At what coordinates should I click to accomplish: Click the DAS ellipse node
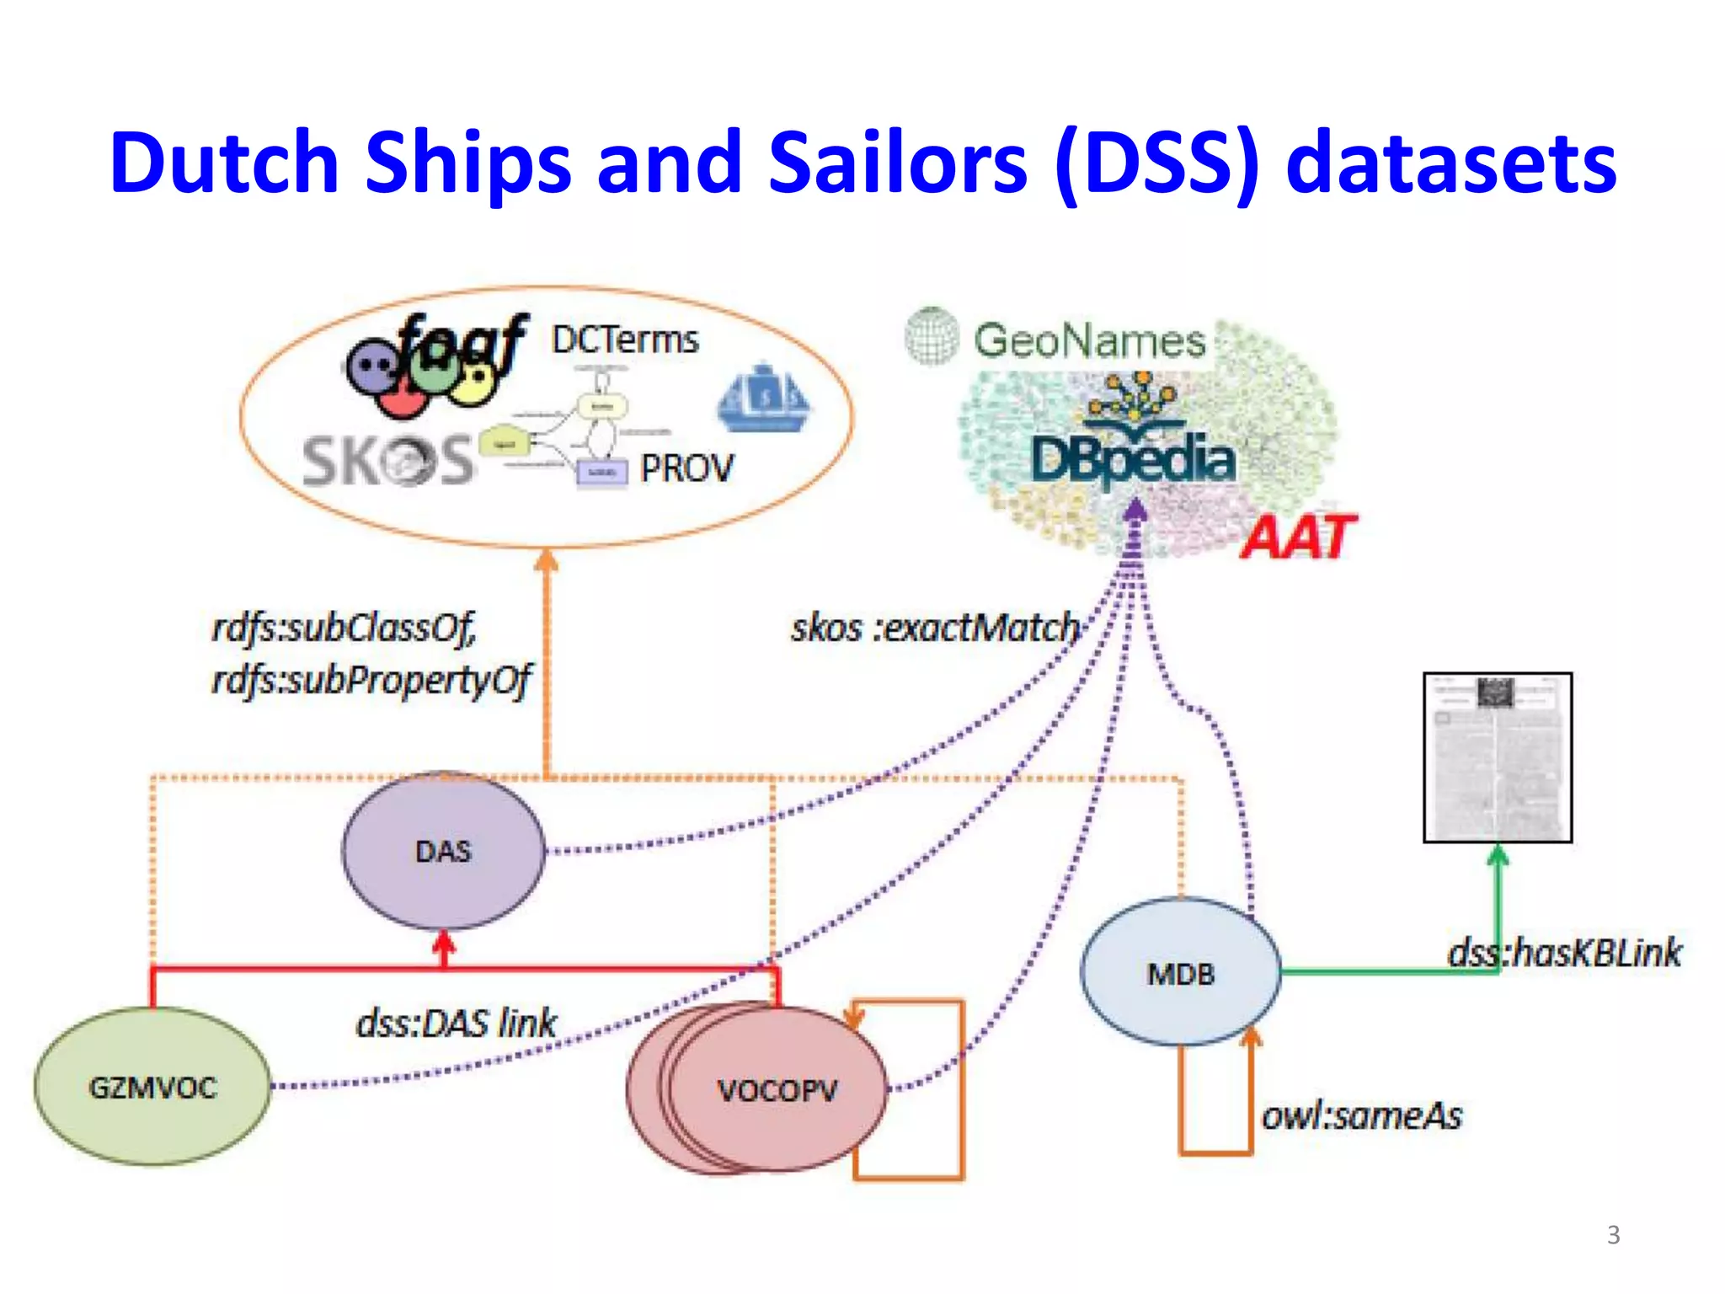443,851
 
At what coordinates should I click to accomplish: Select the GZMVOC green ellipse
152,1087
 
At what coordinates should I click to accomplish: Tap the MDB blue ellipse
1180,973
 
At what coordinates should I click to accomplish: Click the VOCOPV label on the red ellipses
777,1091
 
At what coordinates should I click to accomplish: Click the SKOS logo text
387,462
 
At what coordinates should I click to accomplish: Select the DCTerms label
625,340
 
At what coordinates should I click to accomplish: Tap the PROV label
686,468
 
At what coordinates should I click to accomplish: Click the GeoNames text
1089,341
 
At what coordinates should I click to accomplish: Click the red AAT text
1298,537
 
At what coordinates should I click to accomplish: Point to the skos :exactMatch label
935,628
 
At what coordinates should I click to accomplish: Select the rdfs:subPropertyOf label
371,679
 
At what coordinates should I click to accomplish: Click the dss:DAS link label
456,1024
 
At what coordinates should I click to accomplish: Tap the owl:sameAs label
1361,1115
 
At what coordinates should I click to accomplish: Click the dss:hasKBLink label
1564,953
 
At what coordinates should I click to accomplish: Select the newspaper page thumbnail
1497,757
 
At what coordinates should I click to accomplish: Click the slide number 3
1613,1234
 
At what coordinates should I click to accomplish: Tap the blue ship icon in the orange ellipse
763,398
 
